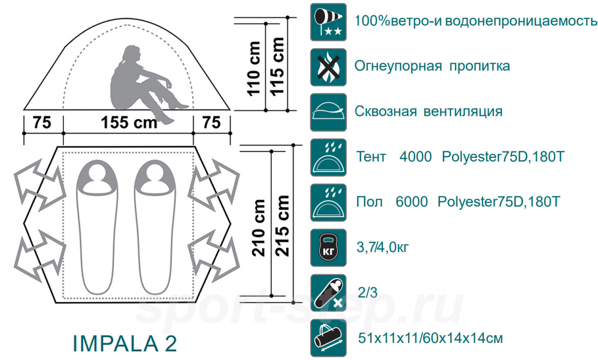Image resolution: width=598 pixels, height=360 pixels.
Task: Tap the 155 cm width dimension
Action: [x=129, y=123]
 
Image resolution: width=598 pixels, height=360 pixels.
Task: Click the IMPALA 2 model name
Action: [x=125, y=343]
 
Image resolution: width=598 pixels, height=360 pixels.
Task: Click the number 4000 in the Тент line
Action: [x=415, y=157]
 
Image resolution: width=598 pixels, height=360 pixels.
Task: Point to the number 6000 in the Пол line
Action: [x=412, y=202]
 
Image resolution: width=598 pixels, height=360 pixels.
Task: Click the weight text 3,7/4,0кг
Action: [x=383, y=248]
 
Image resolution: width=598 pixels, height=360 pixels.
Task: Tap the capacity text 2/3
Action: [x=367, y=293]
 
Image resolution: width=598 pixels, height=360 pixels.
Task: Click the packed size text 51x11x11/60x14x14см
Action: [x=429, y=338]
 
